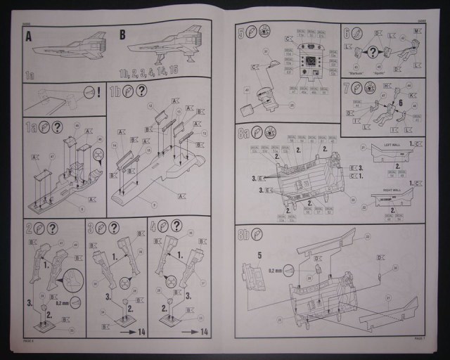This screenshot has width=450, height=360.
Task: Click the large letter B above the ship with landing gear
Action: [122, 34]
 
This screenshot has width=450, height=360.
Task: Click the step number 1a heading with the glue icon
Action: [30, 127]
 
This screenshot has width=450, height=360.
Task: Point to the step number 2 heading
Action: [29, 227]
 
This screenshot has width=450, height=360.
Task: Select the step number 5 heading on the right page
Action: [241, 32]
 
